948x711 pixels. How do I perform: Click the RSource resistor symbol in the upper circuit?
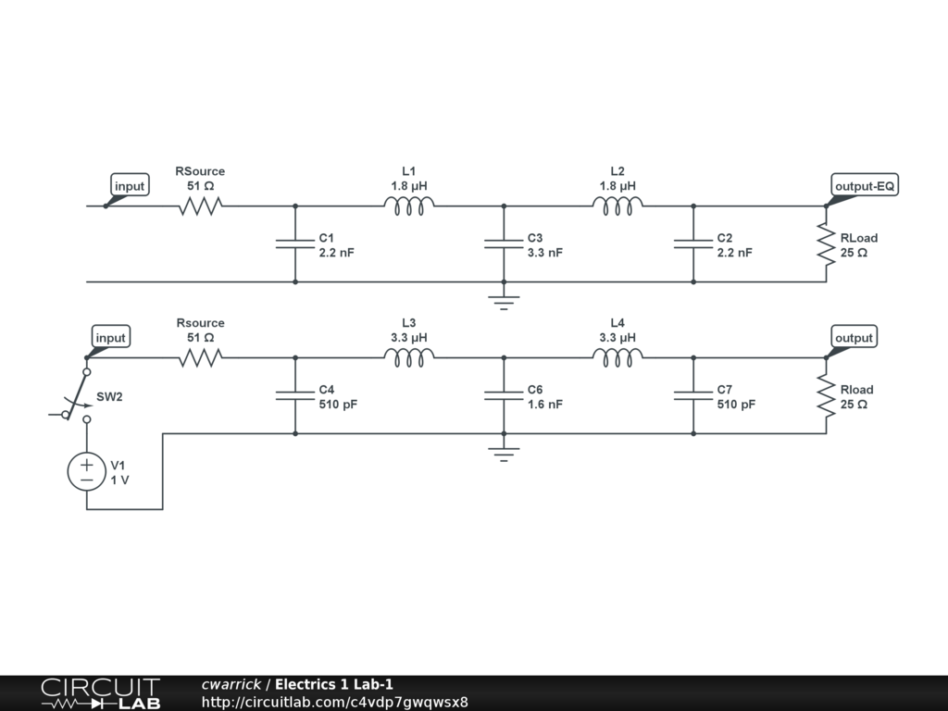point(200,206)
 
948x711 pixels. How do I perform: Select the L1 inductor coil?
point(408,206)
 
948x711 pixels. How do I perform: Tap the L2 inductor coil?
point(617,206)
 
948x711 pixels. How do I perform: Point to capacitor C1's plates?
point(295,244)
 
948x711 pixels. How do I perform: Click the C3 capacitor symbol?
point(504,244)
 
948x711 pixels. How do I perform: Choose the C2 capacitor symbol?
point(693,244)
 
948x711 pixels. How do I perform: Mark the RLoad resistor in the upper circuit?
point(826,244)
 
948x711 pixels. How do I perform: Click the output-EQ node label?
point(865,186)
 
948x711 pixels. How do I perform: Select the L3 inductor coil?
point(408,357)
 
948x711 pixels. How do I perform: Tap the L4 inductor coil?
point(617,357)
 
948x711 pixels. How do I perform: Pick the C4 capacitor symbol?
point(295,395)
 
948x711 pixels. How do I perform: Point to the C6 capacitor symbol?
point(504,395)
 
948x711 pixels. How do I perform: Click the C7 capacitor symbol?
point(693,395)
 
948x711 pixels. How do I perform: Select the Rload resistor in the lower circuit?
point(826,395)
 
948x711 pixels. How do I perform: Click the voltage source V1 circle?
point(87,471)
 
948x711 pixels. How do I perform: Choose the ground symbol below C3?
point(504,300)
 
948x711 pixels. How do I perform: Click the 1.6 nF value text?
point(545,405)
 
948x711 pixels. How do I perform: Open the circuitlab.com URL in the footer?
point(334,702)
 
